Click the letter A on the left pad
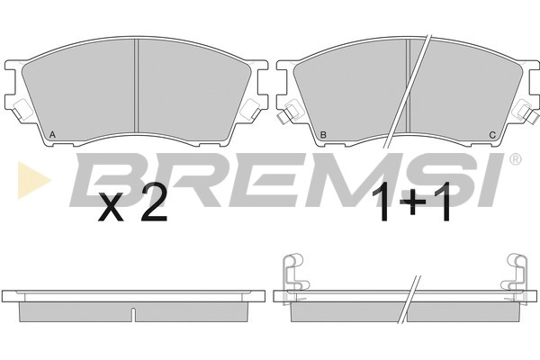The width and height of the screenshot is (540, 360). point(52,134)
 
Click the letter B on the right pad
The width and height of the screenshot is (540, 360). point(323,135)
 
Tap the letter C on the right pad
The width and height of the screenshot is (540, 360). point(492,135)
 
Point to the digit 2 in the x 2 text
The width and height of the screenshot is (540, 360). point(154,202)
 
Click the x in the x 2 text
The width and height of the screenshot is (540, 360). point(111,206)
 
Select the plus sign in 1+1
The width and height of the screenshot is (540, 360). point(414,202)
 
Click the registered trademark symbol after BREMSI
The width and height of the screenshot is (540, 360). point(515,159)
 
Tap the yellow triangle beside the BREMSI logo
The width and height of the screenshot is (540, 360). point(34,180)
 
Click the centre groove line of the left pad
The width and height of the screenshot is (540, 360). point(136,85)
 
